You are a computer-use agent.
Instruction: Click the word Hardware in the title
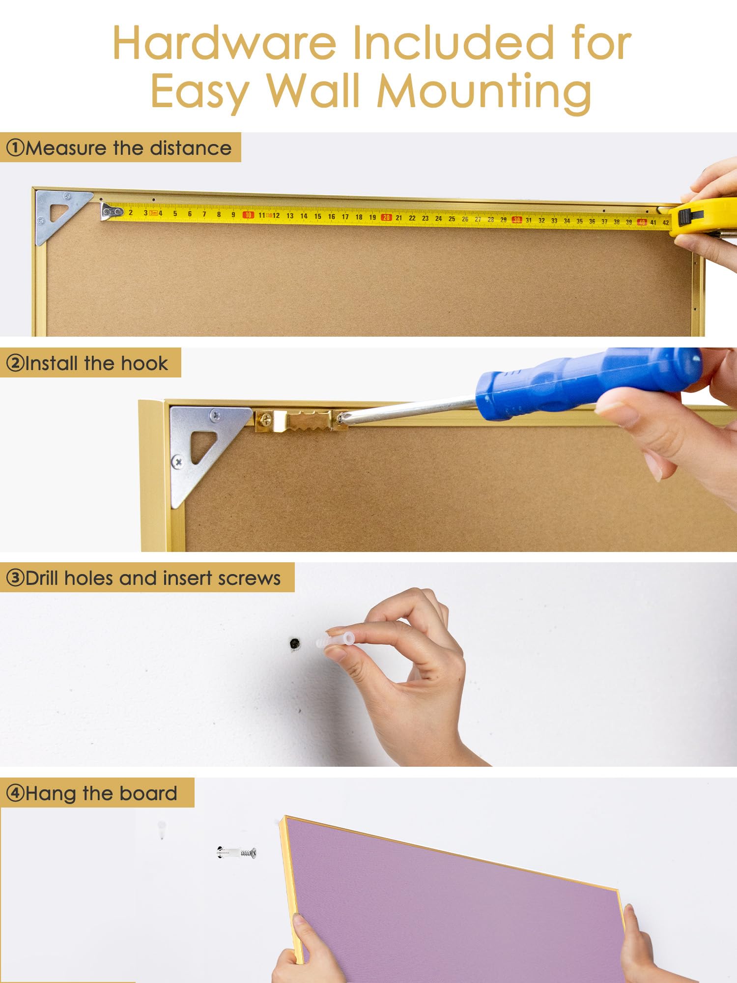pos(225,43)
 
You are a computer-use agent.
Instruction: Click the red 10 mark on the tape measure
pos(249,215)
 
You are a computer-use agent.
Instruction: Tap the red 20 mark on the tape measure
pos(386,217)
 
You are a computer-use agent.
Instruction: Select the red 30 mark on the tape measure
pos(517,220)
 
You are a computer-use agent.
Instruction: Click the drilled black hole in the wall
pos(295,643)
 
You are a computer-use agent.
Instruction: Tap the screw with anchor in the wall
pos(236,853)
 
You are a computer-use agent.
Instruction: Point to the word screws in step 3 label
pos(249,579)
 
